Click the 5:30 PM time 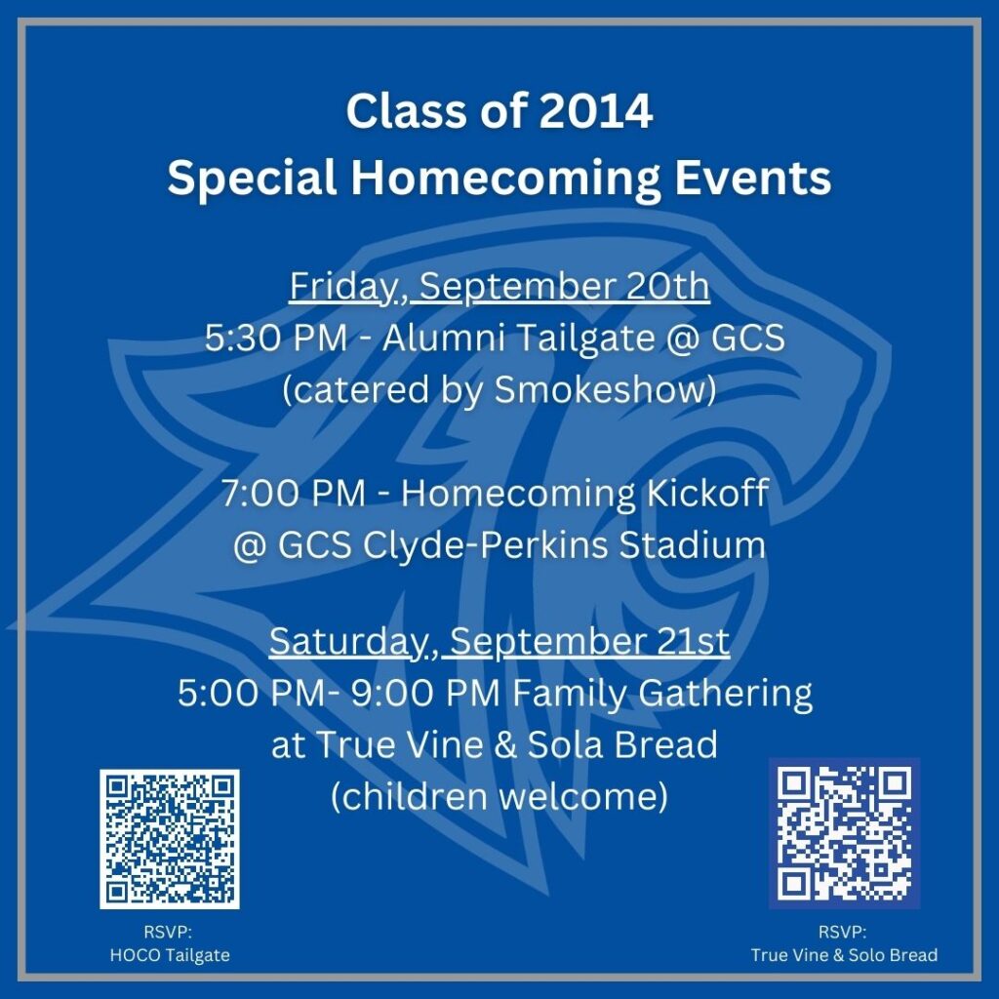[276, 338]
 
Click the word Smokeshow [601, 389]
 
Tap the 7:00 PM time [294, 493]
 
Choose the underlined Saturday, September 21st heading [499, 642]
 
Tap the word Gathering [726, 695]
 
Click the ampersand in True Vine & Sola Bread [505, 745]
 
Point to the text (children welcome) [499, 797]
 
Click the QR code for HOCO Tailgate [170, 839]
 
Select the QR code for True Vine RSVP [844, 833]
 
